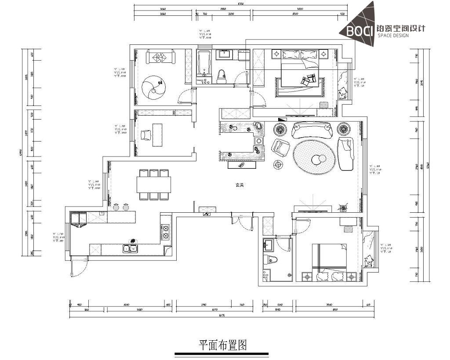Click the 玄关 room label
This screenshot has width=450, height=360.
239,185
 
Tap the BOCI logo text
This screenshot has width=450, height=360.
360,31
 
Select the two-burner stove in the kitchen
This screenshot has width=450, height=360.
166,232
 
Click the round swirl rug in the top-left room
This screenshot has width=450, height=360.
155,88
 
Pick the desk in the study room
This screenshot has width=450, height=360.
157,135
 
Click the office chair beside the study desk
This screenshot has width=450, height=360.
145,135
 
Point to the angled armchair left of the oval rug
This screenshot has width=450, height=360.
280,147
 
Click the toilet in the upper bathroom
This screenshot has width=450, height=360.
221,76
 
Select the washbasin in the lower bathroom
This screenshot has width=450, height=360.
269,244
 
